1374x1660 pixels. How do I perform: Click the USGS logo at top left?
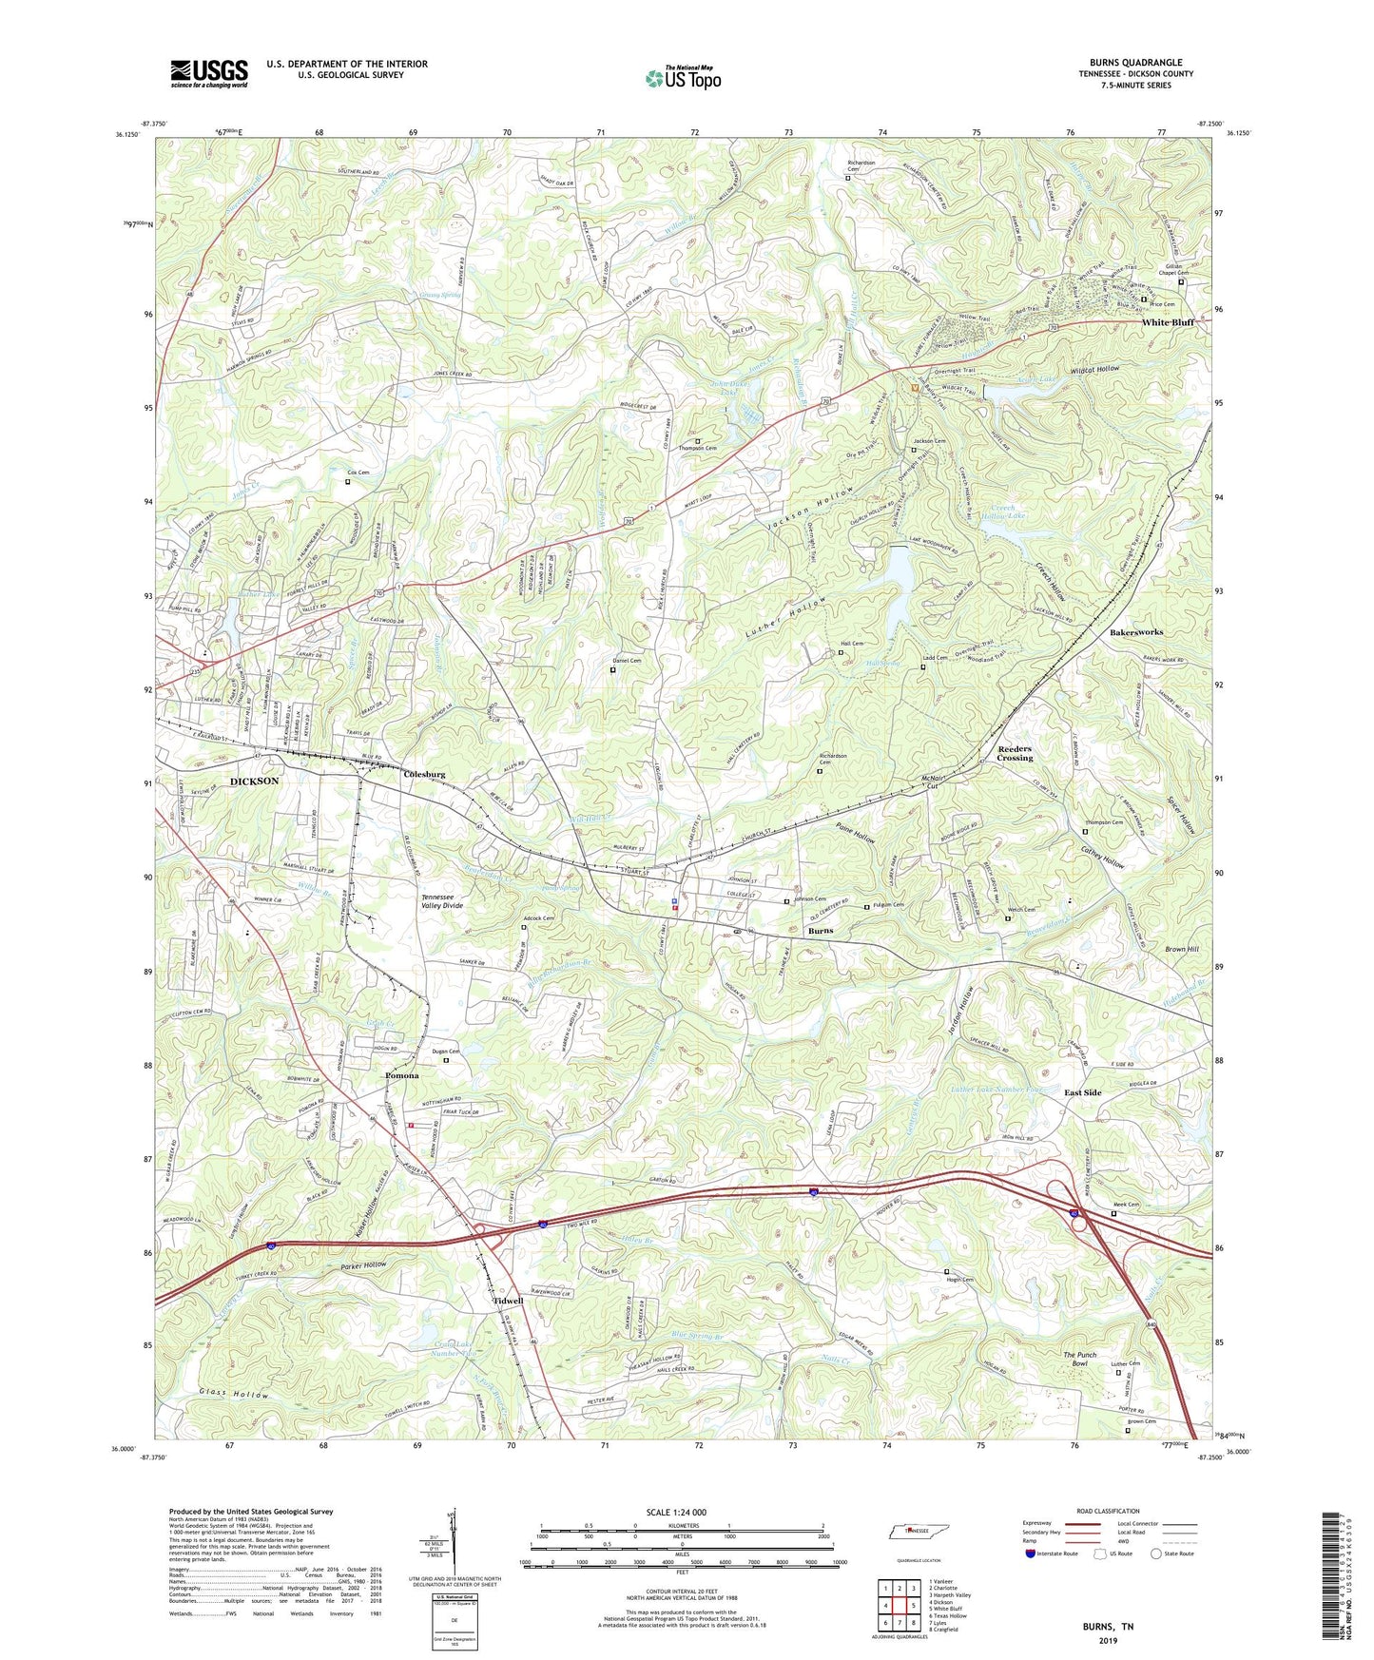click(209, 73)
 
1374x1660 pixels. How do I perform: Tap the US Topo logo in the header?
click(682, 78)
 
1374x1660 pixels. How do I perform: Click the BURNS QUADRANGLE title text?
click(1137, 63)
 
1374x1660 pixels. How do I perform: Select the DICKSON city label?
click(254, 781)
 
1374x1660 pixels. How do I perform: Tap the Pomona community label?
click(402, 1075)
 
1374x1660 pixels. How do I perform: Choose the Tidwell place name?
click(508, 1301)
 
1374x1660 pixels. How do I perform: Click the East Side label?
click(1082, 1092)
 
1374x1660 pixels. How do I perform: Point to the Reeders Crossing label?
click(1015, 753)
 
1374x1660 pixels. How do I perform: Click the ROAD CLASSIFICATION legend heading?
click(1108, 1510)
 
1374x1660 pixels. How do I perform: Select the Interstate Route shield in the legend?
click(1033, 1554)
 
